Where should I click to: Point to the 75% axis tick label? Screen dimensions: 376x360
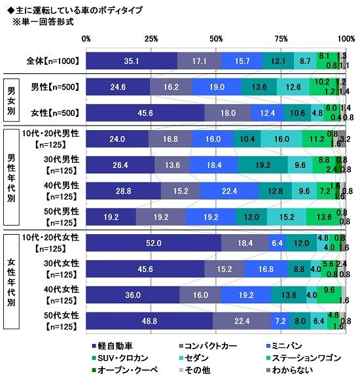pos(281,39)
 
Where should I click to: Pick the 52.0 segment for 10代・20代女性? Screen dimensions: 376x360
pos(154,243)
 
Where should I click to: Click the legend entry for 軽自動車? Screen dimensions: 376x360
pos(112,344)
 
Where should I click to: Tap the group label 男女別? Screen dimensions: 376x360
pos(11,98)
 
